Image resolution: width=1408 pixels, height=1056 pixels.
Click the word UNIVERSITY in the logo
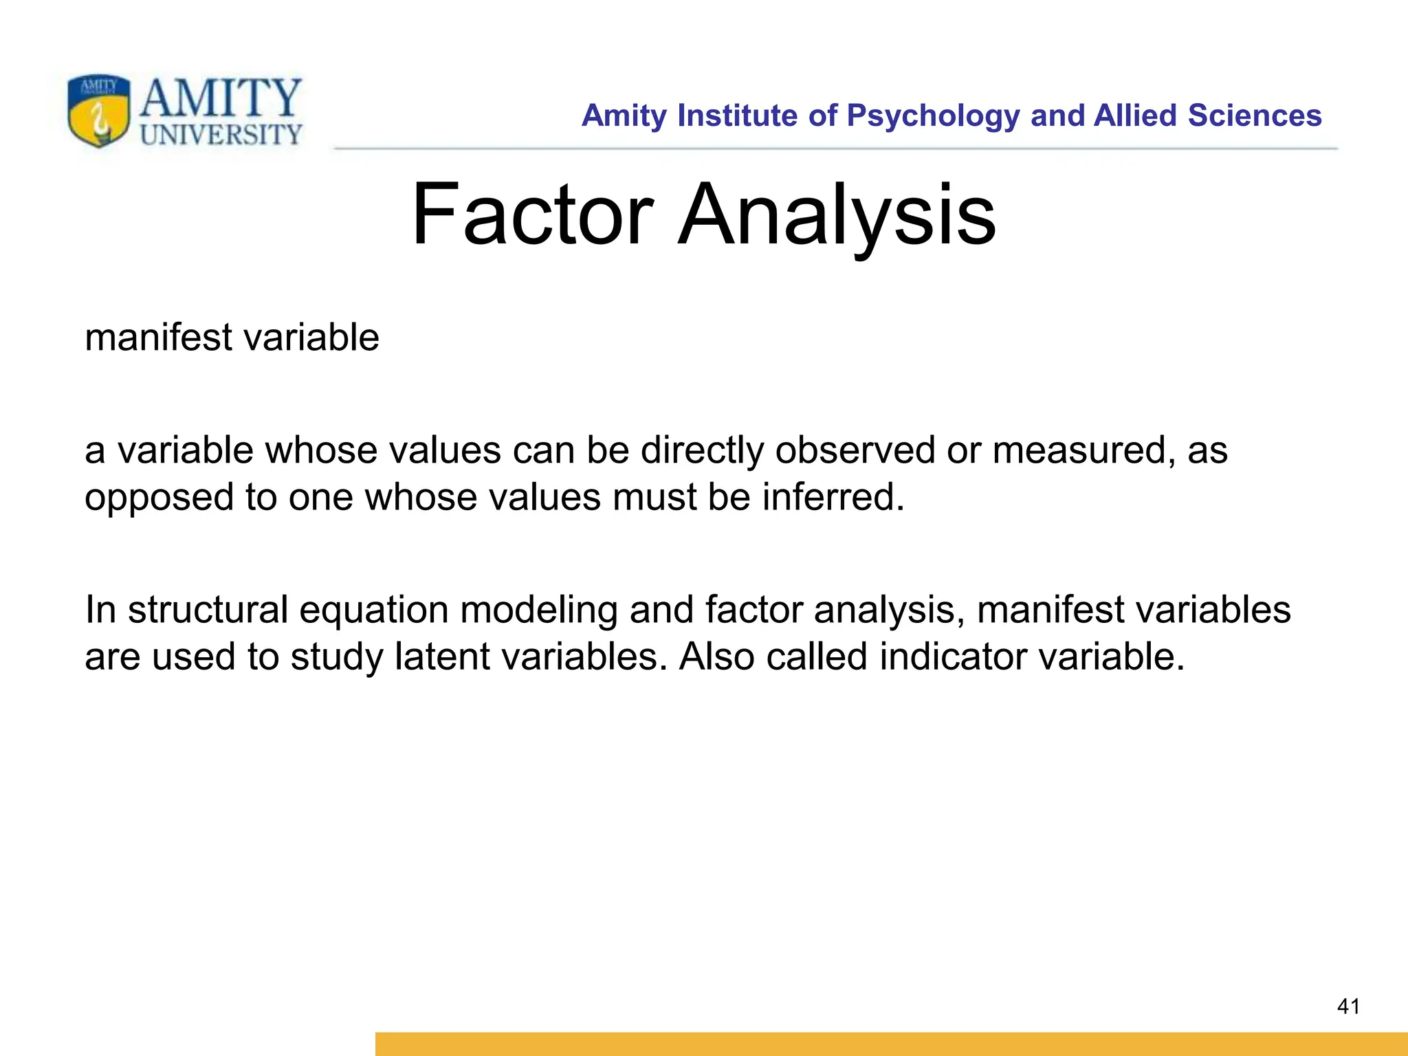pyautogui.click(x=221, y=135)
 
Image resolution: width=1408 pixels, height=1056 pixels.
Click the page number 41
pyautogui.click(x=1348, y=1006)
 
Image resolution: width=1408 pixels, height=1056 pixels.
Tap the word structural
pyautogui.click(x=208, y=610)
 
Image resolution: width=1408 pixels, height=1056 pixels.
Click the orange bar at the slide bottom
pyautogui.click(x=891, y=1044)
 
